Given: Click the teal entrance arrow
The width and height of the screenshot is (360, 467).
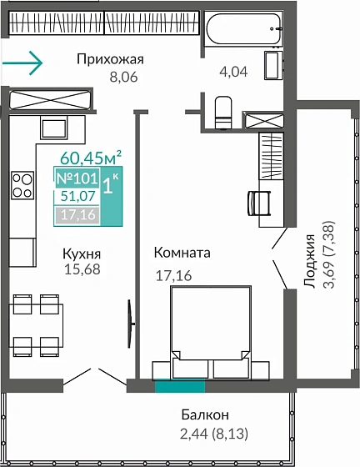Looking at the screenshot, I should coord(22,61).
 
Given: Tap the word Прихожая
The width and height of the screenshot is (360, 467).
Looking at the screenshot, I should coord(110,58).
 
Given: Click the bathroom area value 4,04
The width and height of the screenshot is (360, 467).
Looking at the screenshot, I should coord(233,72).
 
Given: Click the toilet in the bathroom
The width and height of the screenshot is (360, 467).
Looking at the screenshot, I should coord(222,112).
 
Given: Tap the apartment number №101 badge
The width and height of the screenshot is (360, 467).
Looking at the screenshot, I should coord(77,178).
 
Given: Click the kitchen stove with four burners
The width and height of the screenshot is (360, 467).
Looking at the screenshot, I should coord(22,184).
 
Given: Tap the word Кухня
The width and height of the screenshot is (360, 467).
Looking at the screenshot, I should coord(82,253).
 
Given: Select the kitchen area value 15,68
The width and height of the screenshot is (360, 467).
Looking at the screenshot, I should coord(82,269).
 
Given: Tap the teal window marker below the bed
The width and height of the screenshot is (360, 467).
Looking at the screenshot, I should coord(179,385).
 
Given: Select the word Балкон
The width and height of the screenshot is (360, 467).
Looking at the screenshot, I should coord(205,414).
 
